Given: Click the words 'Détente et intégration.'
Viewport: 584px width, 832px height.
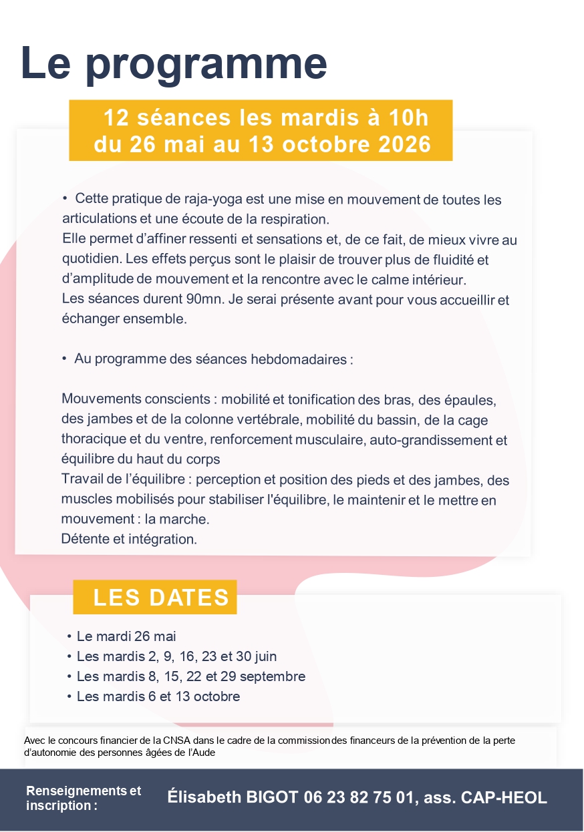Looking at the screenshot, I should click(129, 539).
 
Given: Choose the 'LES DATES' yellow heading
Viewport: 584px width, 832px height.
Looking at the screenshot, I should click(161, 597).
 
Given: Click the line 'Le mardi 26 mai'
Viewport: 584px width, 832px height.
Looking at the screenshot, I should click(126, 636).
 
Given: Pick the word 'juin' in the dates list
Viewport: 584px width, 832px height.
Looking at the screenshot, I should click(265, 656).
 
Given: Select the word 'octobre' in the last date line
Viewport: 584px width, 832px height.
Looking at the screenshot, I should click(215, 696).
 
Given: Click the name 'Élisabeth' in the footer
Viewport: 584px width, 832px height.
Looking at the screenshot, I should click(200, 797).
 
